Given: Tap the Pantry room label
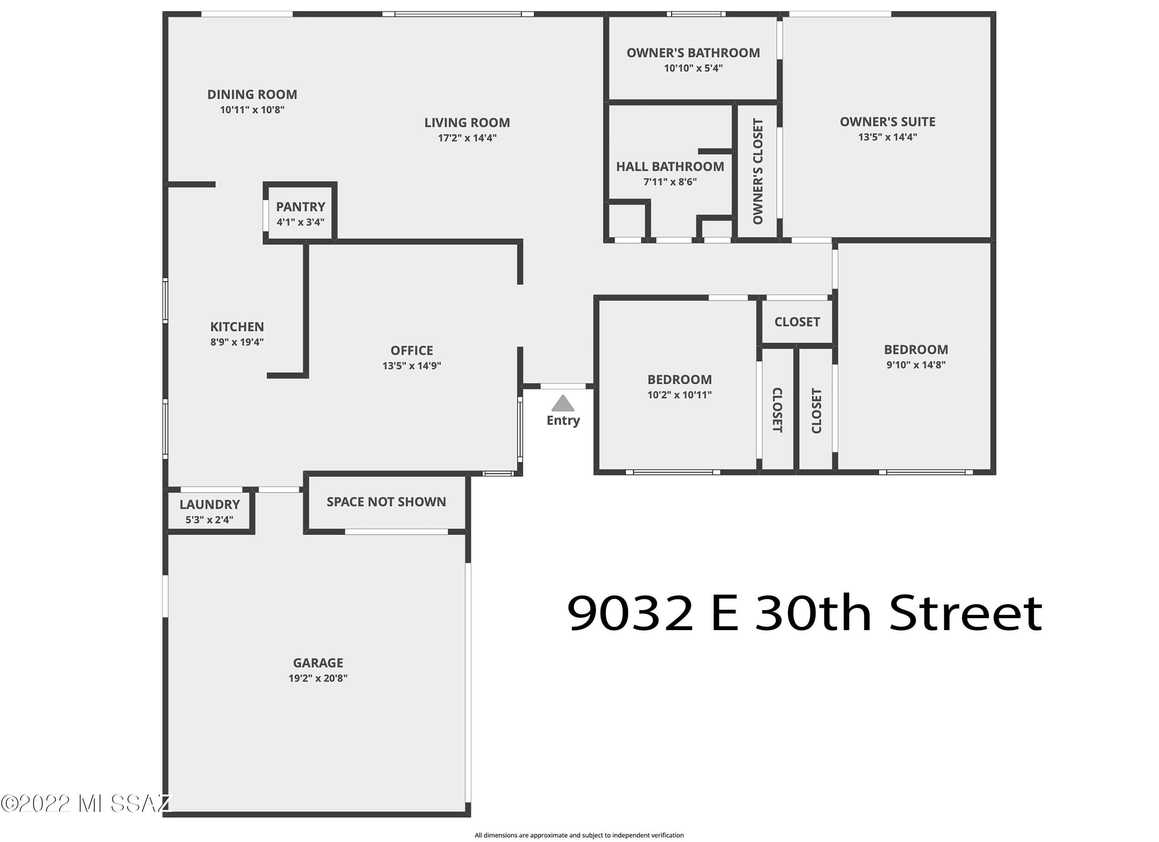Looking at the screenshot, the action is (x=301, y=207).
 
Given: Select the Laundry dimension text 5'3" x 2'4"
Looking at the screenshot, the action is (x=209, y=520).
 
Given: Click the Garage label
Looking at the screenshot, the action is (x=318, y=663).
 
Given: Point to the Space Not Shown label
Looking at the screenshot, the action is (x=386, y=502).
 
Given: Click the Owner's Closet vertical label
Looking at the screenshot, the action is (x=758, y=171).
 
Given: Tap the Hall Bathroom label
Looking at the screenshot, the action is (x=670, y=166).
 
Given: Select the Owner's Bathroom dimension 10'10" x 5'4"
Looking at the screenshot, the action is (x=693, y=68).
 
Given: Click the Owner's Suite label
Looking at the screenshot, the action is (x=888, y=122).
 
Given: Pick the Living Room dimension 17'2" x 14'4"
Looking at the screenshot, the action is (x=467, y=137).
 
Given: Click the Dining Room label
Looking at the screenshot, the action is (x=252, y=95).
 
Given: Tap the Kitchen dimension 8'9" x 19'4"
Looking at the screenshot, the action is (x=237, y=342).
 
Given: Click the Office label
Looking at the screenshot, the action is (x=412, y=350).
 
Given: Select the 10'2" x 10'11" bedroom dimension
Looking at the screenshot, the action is (x=680, y=394).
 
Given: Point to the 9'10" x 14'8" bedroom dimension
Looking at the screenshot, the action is (x=916, y=364).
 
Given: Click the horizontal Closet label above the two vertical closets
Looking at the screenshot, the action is (x=797, y=322).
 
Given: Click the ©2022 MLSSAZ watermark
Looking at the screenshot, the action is (x=86, y=803).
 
